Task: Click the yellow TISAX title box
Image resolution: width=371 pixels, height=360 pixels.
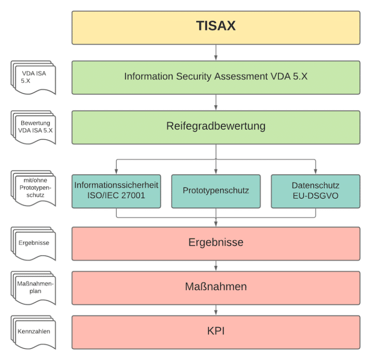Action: [x=216, y=27]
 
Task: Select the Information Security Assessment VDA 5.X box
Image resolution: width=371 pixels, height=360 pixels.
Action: [x=216, y=77]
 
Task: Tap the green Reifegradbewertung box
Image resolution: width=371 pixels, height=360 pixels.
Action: [x=216, y=127]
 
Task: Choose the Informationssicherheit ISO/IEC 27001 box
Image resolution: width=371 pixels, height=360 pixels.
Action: [x=116, y=190]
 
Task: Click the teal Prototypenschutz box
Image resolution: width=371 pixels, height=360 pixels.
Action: [x=216, y=190]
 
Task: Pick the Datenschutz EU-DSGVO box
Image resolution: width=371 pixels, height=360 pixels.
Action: [x=315, y=190]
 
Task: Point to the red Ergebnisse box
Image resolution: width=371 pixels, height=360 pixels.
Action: [x=216, y=242]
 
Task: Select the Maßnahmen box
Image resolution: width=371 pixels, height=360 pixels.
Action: [x=216, y=287]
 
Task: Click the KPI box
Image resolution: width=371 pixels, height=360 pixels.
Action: [x=216, y=331]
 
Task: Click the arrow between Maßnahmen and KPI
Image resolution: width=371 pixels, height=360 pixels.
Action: [x=216, y=310]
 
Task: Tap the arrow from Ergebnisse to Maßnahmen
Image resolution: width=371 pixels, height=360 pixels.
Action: [x=216, y=265]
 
